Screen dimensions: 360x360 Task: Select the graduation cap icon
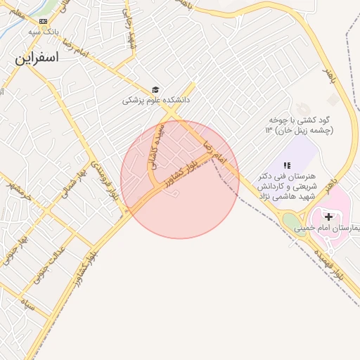point(155,90)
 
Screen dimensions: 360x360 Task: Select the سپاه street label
point(27,304)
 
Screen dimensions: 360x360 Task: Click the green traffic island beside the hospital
point(290,221)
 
